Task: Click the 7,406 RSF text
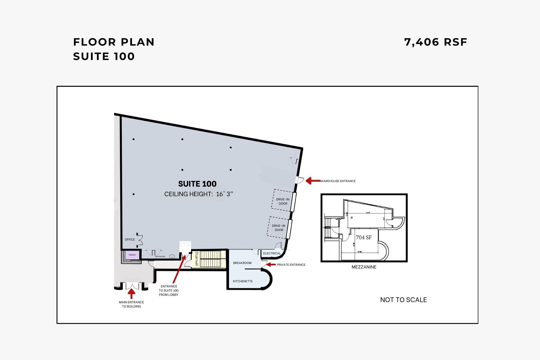[x=436, y=42]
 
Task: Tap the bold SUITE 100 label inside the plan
[x=197, y=184]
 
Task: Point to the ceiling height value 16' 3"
[x=224, y=194]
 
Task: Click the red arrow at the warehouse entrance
[x=313, y=181]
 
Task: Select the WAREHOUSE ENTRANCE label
[x=338, y=181]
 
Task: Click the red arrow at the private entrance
[x=271, y=264]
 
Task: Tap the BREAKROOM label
[x=242, y=263]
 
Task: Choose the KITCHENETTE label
[x=243, y=281]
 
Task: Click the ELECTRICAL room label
[x=272, y=253]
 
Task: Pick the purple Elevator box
[x=132, y=255]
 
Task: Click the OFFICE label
[x=130, y=239]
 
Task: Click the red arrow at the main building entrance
[x=131, y=293]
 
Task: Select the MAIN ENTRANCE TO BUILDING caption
[x=131, y=304]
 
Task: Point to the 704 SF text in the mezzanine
[x=364, y=237]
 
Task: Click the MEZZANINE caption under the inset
[x=364, y=267]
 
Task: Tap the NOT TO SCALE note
[x=403, y=300]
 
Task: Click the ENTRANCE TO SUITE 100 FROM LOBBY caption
[x=169, y=290]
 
